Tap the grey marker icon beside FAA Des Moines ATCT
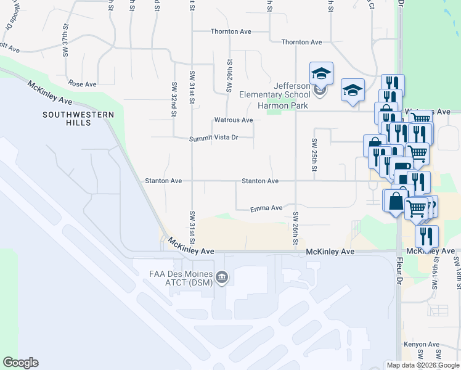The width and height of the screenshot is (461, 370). click(222, 278)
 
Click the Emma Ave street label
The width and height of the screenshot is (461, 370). click(266, 209)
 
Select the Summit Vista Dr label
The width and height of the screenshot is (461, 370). click(213, 138)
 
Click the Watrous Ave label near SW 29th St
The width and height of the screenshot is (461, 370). click(233, 120)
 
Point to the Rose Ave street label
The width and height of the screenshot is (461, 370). click(83, 84)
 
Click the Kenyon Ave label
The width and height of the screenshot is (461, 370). click(422, 345)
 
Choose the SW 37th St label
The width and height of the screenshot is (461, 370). click(65, 41)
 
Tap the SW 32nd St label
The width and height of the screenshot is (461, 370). click(174, 100)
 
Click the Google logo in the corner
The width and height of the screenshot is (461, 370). click(20, 363)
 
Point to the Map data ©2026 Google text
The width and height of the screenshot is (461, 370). click(423, 365)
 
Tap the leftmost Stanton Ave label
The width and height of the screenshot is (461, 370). click(163, 181)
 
